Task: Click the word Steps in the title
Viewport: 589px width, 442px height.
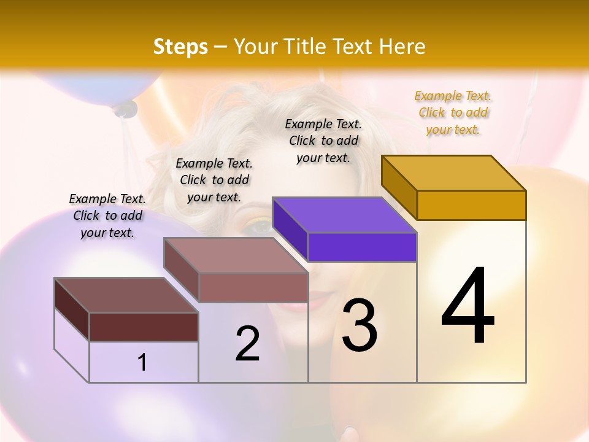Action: (x=180, y=47)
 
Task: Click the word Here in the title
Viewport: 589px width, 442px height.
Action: (x=402, y=47)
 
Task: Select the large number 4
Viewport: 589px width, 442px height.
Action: (x=468, y=307)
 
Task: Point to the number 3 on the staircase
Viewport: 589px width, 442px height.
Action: (x=359, y=325)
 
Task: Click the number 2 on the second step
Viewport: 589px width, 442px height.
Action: (x=247, y=344)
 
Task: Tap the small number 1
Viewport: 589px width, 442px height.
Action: (x=142, y=362)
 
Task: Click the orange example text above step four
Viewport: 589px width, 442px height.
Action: (x=453, y=113)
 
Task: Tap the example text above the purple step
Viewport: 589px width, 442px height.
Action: (x=323, y=141)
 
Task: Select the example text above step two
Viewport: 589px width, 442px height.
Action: (x=214, y=180)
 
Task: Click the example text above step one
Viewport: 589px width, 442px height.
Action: (x=107, y=215)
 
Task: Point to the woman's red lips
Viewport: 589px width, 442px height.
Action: (x=319, y=301)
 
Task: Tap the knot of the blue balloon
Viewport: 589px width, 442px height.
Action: (x=125, y=109)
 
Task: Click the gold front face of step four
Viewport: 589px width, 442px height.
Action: (x=471, y=205)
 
